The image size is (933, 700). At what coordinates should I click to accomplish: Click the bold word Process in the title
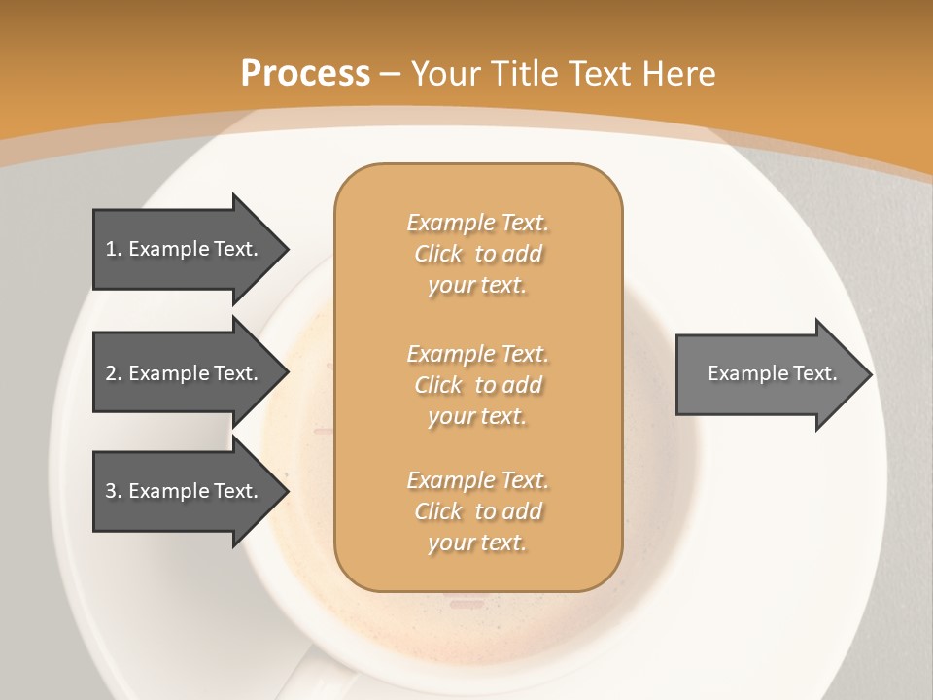point(305,74)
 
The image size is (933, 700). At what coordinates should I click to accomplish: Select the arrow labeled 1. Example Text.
point(185,249)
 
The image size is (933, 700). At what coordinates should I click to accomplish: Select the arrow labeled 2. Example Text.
point(185,373)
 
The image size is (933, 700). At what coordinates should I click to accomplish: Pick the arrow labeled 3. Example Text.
point(185,491)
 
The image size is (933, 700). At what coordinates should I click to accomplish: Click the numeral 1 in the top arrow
point(111,249)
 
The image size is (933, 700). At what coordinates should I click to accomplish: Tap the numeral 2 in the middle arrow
point(111,373)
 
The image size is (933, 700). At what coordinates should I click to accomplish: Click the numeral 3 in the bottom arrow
point(111,491)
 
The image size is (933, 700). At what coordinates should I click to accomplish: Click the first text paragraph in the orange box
point(477,254)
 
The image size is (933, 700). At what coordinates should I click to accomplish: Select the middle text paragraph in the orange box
point(477,385)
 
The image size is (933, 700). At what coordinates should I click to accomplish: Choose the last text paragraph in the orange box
point(477,511)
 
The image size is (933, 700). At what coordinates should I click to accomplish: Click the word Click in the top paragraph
point(438,254)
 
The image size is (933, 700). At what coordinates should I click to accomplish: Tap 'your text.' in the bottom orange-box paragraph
point(477,542)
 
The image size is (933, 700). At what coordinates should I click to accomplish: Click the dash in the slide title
point(391,74)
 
